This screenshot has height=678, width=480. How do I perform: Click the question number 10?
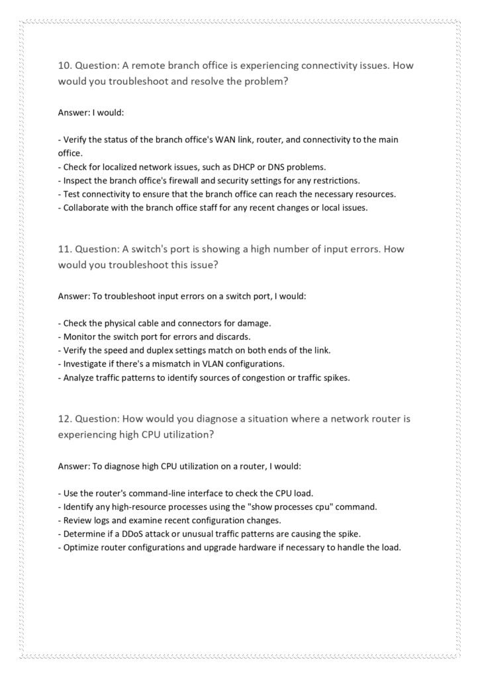coord(64,66)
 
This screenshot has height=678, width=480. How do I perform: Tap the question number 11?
coord(64,250)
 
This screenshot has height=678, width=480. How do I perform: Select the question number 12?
coord(64,419)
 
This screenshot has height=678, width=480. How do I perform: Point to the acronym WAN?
coord(201,139)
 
